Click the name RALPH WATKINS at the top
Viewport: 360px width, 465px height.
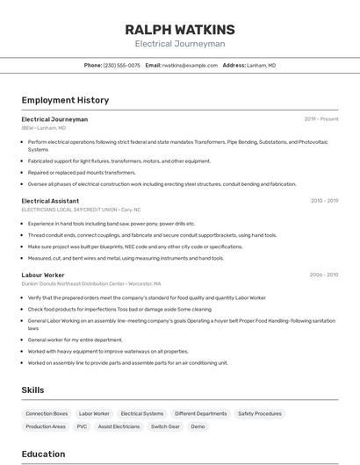click(180, 30)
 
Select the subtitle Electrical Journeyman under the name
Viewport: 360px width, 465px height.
click(180, 44)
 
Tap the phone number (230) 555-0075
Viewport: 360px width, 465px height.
click(121, 65)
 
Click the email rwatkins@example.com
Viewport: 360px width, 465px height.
click(188, 65)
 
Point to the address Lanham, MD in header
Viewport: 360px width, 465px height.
click(261, 65)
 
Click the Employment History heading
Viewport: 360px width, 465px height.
click(65, 100)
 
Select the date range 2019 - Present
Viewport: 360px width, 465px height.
click(320, 119)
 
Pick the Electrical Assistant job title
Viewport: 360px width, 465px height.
click(50, 201)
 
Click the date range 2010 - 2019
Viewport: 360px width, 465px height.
click(324, 201)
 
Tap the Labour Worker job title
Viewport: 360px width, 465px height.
click(43, 275)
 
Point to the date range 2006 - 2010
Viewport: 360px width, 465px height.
click(323, 275)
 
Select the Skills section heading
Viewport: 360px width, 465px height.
click(32, 390)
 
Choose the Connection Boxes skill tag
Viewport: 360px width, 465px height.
click(47, 413)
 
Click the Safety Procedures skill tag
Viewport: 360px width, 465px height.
click(260, 413)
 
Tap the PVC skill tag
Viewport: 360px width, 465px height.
click(82, 426)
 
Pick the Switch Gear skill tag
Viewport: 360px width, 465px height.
click(165, 426)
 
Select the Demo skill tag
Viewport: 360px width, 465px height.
click(198, 426)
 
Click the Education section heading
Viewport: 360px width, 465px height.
click(43, 454)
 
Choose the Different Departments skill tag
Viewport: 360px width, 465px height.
click(200, 413)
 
